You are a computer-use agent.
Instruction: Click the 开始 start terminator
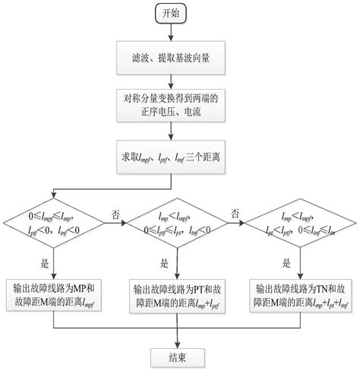point(178,14)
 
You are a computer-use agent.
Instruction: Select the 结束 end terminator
point(178,355)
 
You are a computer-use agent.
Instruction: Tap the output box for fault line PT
point(178,296)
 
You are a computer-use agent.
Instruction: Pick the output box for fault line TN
point(302,296)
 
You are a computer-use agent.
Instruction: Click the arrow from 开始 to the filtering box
point(178,33)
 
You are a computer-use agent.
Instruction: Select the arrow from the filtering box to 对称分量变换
point(178,80)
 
